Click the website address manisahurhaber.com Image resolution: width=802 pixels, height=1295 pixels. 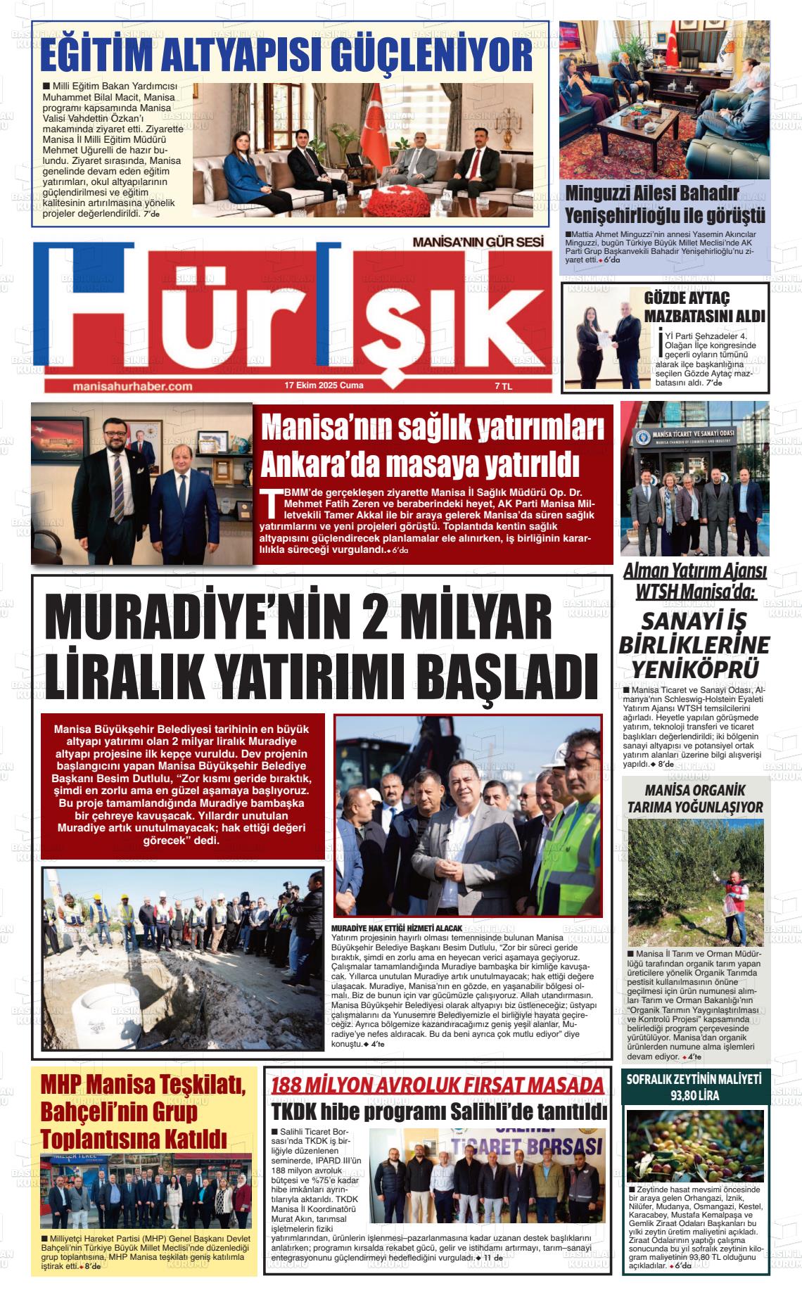[132, 386]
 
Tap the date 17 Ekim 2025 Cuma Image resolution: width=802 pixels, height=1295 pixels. [324, 385]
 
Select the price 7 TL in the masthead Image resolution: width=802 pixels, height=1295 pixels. [504, 386]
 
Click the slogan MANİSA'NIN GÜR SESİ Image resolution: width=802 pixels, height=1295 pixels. [478, 242]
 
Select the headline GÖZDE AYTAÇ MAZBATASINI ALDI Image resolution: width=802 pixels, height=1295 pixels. [704, 307]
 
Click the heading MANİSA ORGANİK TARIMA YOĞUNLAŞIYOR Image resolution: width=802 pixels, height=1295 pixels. [695, 798]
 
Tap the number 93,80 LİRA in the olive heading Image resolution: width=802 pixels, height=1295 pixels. [695, 1096]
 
